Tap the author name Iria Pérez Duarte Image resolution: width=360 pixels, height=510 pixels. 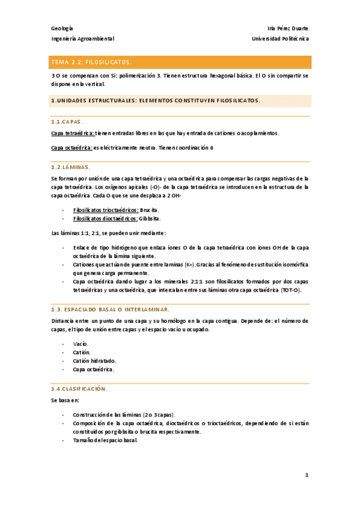coord(287,28)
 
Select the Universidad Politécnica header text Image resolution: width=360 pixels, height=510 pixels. coord(281,38)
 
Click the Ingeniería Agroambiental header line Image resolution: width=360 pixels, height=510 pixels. coord(82,38)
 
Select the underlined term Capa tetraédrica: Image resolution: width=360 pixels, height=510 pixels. coord(73,133)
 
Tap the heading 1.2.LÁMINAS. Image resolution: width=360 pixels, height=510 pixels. coord(70,167)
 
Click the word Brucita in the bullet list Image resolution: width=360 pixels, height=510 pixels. coord(149,210)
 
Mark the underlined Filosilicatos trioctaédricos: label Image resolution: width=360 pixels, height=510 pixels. coord(105,210)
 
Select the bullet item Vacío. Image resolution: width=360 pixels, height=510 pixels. coord(81,343)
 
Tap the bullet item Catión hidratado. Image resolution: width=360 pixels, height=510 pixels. coord(93,360)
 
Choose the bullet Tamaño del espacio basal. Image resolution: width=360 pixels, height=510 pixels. coord(105,440)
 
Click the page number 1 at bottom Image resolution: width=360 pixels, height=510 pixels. coord(307,475)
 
